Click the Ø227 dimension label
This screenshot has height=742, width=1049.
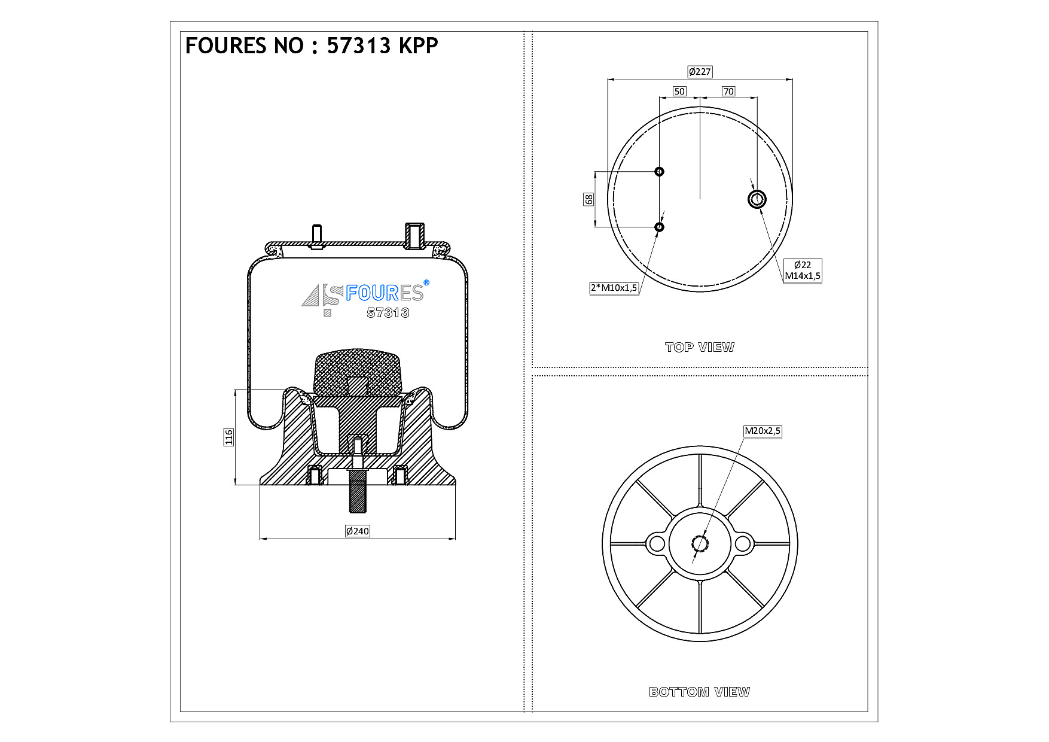(700, 72)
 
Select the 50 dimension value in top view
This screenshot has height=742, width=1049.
(679, 92)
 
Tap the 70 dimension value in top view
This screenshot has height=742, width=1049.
(728, 92)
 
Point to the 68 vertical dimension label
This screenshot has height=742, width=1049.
(589, 199)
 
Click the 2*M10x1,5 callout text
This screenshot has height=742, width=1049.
(614, 288)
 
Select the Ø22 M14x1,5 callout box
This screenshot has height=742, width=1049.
(803, 270)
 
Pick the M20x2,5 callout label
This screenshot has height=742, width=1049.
(763, 431)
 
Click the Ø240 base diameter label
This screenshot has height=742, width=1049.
(358, 531)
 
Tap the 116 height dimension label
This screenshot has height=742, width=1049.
(228, 437)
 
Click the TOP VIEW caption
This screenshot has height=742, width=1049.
(700, 347)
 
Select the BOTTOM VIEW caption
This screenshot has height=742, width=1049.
(699, 692)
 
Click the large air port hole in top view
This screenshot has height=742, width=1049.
(757, 199)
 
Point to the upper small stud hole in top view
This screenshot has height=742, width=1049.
(659, 172)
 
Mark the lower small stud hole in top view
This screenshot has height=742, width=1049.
(659, 227)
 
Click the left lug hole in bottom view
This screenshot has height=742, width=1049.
(657, 544)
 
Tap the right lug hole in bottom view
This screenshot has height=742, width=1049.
(743, 544)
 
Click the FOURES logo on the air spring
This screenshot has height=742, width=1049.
(365, 293)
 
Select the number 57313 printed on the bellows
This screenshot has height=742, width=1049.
(388, 313)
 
